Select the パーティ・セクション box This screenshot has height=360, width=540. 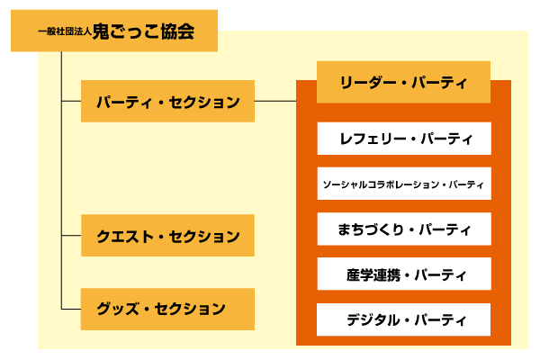click(167, 102)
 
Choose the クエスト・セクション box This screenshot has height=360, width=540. click(167, 237)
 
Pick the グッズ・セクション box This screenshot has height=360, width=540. click(167, 309)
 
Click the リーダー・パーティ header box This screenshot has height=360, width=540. click(403, 82)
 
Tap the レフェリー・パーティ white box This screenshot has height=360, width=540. click(403, 139)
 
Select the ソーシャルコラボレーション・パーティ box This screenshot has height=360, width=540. click(403, 184)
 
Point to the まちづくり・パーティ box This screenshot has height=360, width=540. click(403, 229)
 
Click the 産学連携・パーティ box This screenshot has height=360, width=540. click(403, 274)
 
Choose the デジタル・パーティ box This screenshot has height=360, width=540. click(403, 319)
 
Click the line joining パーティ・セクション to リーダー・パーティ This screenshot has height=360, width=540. click(275, 102)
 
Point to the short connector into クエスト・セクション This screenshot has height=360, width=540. click(70, 237)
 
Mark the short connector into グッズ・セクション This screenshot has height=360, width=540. click(70, 309)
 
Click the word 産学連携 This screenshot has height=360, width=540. click(372, 274)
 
